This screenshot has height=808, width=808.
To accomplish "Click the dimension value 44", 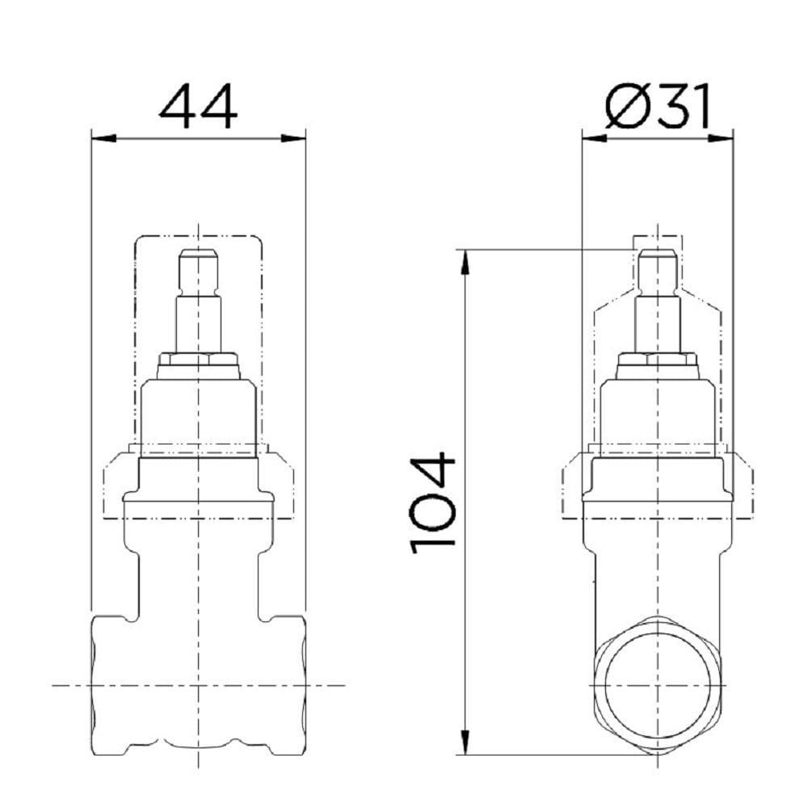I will coord(199,107).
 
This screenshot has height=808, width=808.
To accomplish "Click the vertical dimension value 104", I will coord(433,503).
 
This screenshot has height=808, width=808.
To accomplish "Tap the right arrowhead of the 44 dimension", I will coord(297,139).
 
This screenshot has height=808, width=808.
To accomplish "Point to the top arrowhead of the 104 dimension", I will coord(466,260).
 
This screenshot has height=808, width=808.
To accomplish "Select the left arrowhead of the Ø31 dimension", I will coord(592,139).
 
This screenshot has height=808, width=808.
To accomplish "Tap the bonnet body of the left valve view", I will coord(199,416).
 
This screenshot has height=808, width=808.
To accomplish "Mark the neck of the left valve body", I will coord(199,566).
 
